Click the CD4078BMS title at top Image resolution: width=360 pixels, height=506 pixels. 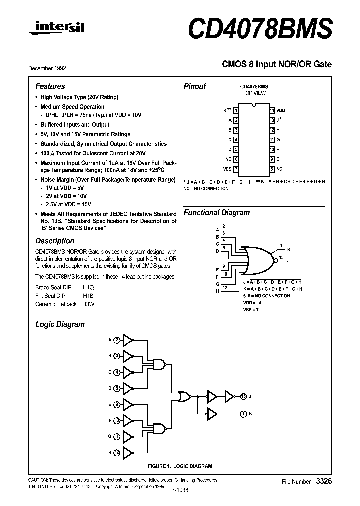[x=260, y=29]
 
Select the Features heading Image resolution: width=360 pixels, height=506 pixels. [x=50, y=86]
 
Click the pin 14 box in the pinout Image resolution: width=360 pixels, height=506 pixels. [x=271, y=110]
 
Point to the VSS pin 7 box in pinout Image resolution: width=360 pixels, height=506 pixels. [x=236, y=169]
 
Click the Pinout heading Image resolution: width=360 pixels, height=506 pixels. [x=194, y=86]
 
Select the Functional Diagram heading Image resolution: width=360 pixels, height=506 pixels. [x=216, y=213]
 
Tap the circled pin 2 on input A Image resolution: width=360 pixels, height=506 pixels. [x=116, y=340]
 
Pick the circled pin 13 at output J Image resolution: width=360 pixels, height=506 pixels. [x=243, y=396]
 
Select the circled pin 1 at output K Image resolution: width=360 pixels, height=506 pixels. [x=243, y=413]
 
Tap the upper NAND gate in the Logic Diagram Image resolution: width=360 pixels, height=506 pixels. [x=159, y=364]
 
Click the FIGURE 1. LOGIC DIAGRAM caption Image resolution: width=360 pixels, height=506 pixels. [x=180, y=466]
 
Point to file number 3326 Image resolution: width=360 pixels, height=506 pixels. [x=323, y=481]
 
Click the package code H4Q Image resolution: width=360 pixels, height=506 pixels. [x=88, y=288]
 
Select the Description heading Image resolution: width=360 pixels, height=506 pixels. [x=55, y=241]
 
